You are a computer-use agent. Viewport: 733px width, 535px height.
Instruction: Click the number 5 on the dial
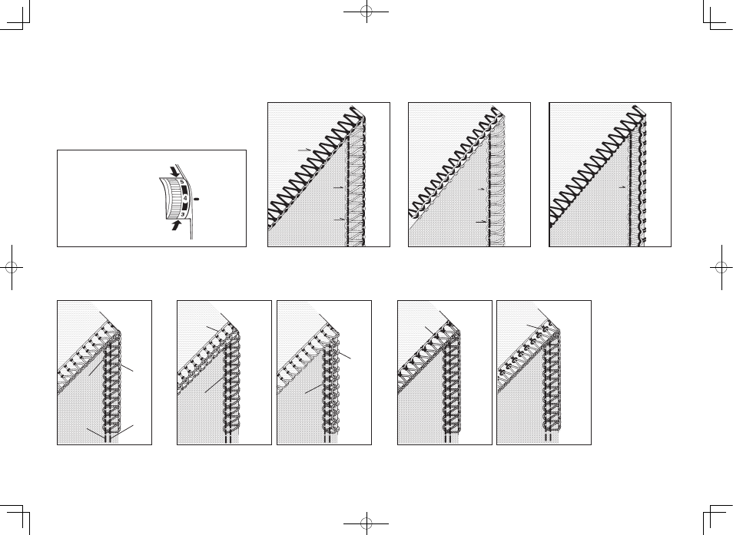(182, 183)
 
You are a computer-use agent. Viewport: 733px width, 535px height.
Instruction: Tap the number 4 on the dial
(186, 198)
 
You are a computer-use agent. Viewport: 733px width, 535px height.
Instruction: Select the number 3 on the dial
(183, 214)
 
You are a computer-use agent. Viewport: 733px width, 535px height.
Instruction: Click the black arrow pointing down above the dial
(174, 171)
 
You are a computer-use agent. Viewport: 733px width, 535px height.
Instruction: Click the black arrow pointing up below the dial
(176, 226)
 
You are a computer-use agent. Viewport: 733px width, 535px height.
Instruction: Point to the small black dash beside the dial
(197, 200)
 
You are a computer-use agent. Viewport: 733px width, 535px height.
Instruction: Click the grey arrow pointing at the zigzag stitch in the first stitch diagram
(304, 150)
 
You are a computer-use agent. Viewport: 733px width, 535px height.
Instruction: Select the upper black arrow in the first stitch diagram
(338, 187)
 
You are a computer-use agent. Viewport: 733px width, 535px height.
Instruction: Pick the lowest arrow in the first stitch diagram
(340, 220)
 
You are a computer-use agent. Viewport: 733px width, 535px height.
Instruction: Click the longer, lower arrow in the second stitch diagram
(482, 222)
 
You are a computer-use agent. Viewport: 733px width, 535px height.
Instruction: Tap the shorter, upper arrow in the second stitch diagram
(483, 189)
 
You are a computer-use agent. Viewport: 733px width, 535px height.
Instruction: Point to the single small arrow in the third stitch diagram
(622, 187)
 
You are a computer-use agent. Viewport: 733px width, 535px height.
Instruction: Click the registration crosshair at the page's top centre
(366, 12)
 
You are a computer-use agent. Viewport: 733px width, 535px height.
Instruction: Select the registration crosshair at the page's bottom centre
(366, 523)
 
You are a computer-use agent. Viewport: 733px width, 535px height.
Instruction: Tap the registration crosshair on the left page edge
(12, 267)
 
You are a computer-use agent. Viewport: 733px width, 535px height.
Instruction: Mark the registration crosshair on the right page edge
(721, 267)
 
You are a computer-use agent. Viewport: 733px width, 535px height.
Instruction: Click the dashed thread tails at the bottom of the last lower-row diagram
(549, 438)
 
